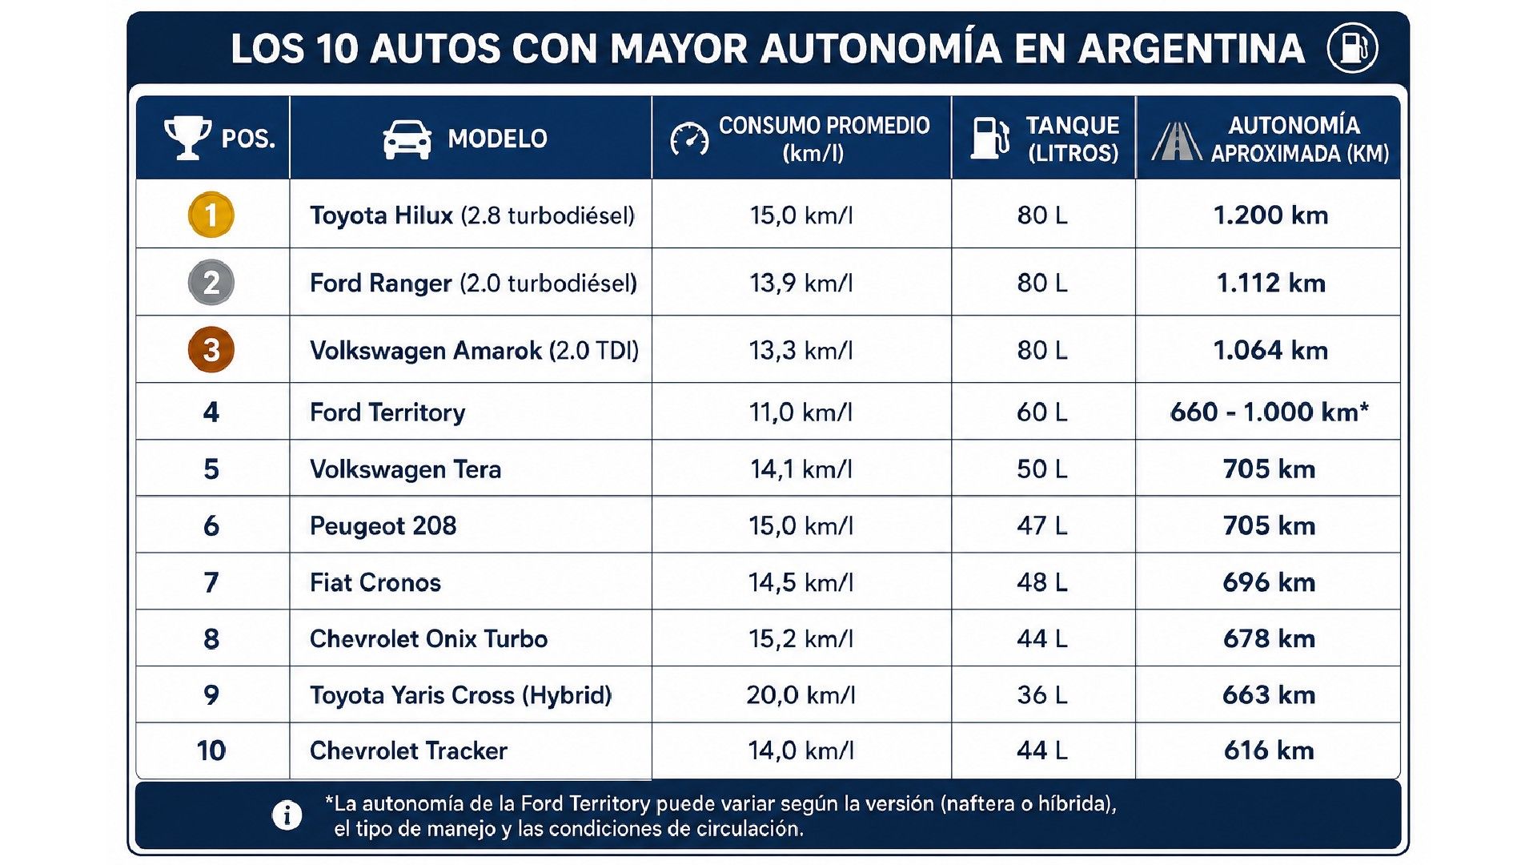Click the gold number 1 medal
[x=211, y=215]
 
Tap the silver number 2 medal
[x=211, y=283]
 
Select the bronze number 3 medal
[x=211, y=350]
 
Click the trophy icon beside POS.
[x=188, y=138]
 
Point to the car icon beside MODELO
[x=407, y=139]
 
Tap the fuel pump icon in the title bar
[x=1352, y=48]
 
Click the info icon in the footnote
[x=287, y=815]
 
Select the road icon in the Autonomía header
[x=1177, y=141]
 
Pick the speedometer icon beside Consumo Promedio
[x=689, y=139]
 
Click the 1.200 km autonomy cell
[x=1270, y=215]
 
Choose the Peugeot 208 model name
[x=383, y=525]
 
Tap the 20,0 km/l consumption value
[x=801, y=694]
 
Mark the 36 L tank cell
[x=1042, y=694]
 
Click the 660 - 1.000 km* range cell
[x=1270, y=412]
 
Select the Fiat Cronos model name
[x=375, y=582]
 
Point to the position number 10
[x=211, y=750]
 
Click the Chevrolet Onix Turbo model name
[x=428, y=638]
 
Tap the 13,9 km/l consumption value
[x=801, y=283]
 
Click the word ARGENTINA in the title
[x=1191, y=49]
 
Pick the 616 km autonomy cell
[x=1270, y=750]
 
